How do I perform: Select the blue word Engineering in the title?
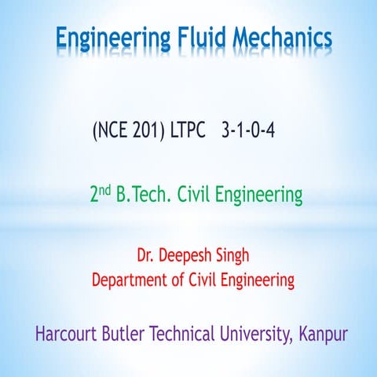pyautogui.click(x=113, y=39)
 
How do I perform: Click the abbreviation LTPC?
pyautogui.click(x=188, y=130)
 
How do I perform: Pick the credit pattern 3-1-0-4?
pyautogui.click(x=248, y=130)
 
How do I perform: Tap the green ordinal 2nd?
pyautogui.click(x=101, y=194)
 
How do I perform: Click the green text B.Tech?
pyautogui.click(x=143, y=195)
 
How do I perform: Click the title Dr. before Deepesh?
pyautogui.click(x=145, y=255)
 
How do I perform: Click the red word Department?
pyautogui.click(x=130, y=280)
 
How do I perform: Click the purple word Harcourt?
pyautogui.click(x=66, y=334)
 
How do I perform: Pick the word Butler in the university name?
pyautogui.click(x=123, y=334)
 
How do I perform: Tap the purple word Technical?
pyautogui.click(x=182, y=334)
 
